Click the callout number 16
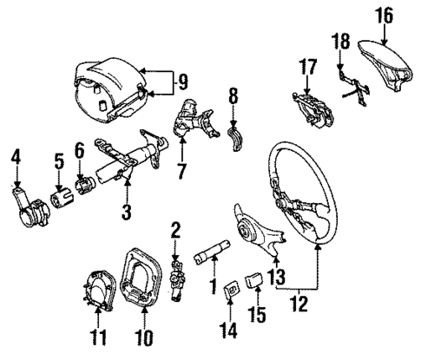[x=384, y=15]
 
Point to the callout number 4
[x=15, y=157]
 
